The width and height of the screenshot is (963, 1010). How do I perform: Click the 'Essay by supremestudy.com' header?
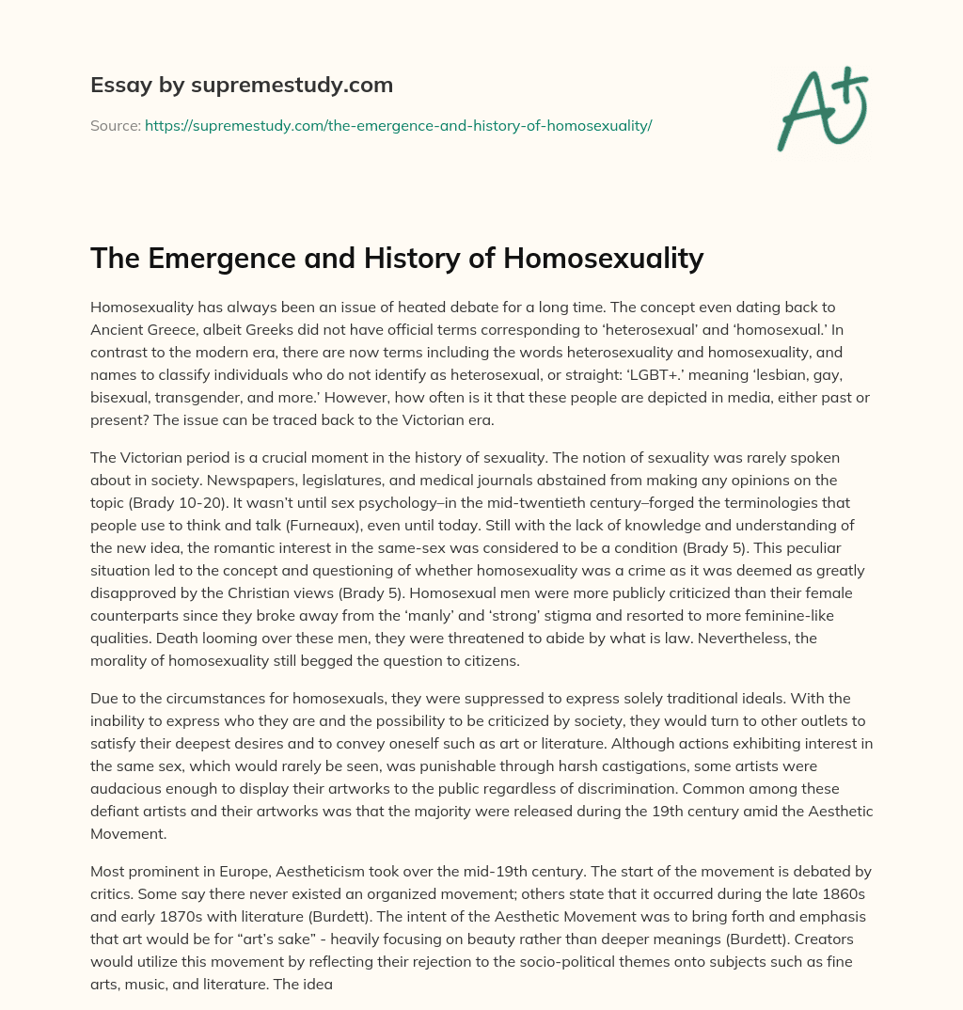coord(242,86)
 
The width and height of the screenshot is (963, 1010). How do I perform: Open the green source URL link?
coord(398,125)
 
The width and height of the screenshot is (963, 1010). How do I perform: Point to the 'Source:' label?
coord(115,125)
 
